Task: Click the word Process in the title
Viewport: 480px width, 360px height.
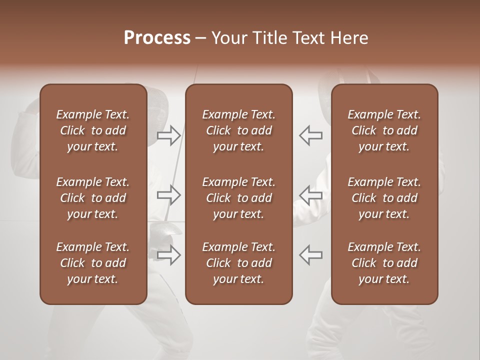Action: pos(157,38)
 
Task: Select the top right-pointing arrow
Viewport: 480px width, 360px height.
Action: pos(169,135)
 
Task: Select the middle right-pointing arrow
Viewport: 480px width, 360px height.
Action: pos(169,195)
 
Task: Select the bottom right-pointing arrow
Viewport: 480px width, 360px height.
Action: pos(169,255)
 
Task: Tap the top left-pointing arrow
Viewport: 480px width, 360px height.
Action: pos(310,135)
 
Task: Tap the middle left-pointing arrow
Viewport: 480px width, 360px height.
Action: pos(310,195)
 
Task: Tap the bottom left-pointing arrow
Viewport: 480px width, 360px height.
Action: pos(310,255)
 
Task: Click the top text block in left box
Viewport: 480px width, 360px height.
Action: pos(93,130)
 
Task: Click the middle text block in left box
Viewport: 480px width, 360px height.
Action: pos(93,198)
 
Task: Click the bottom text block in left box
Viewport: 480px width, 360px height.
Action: pos(93,263)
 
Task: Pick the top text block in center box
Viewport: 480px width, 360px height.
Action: pos(238,130)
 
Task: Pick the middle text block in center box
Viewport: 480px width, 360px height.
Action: pos(238,198)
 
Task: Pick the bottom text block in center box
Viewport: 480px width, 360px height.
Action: pos(238,263)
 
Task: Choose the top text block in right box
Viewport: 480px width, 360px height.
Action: pos(384,130)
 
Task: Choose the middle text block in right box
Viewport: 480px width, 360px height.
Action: pos(384,198)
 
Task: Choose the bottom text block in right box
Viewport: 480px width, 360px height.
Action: pos(384,263)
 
